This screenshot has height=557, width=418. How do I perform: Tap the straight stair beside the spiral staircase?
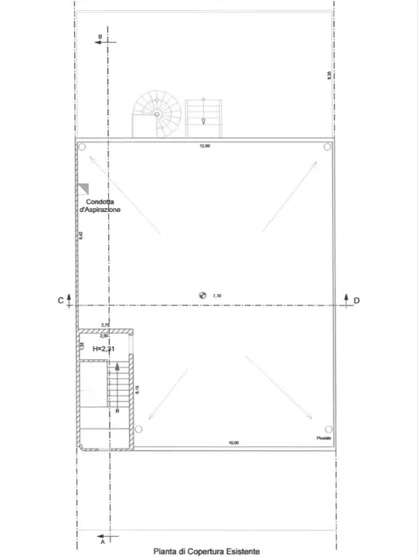[x=203, y=117]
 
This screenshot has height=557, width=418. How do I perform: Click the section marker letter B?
[x=100, y=36]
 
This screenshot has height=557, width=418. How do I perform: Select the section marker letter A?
[x=103, y=542]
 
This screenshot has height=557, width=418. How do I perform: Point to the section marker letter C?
[x=59, y=300]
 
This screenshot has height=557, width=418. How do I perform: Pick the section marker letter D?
[x=356, y=300]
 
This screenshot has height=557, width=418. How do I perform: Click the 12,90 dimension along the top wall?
[x=205, y=146]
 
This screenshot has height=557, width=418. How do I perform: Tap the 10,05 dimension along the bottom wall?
[x=233, y=443]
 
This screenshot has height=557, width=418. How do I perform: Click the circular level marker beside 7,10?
[x=202, y=295]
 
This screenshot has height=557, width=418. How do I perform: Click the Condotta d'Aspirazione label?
[x=100, y=206]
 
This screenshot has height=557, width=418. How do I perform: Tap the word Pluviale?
[x=323, y=439]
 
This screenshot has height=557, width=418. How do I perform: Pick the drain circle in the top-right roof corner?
[x=328, y=147]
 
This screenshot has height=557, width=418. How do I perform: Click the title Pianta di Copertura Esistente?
[x=206, y=551]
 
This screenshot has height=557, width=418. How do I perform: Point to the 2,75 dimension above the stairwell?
[x=106, y=326]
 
